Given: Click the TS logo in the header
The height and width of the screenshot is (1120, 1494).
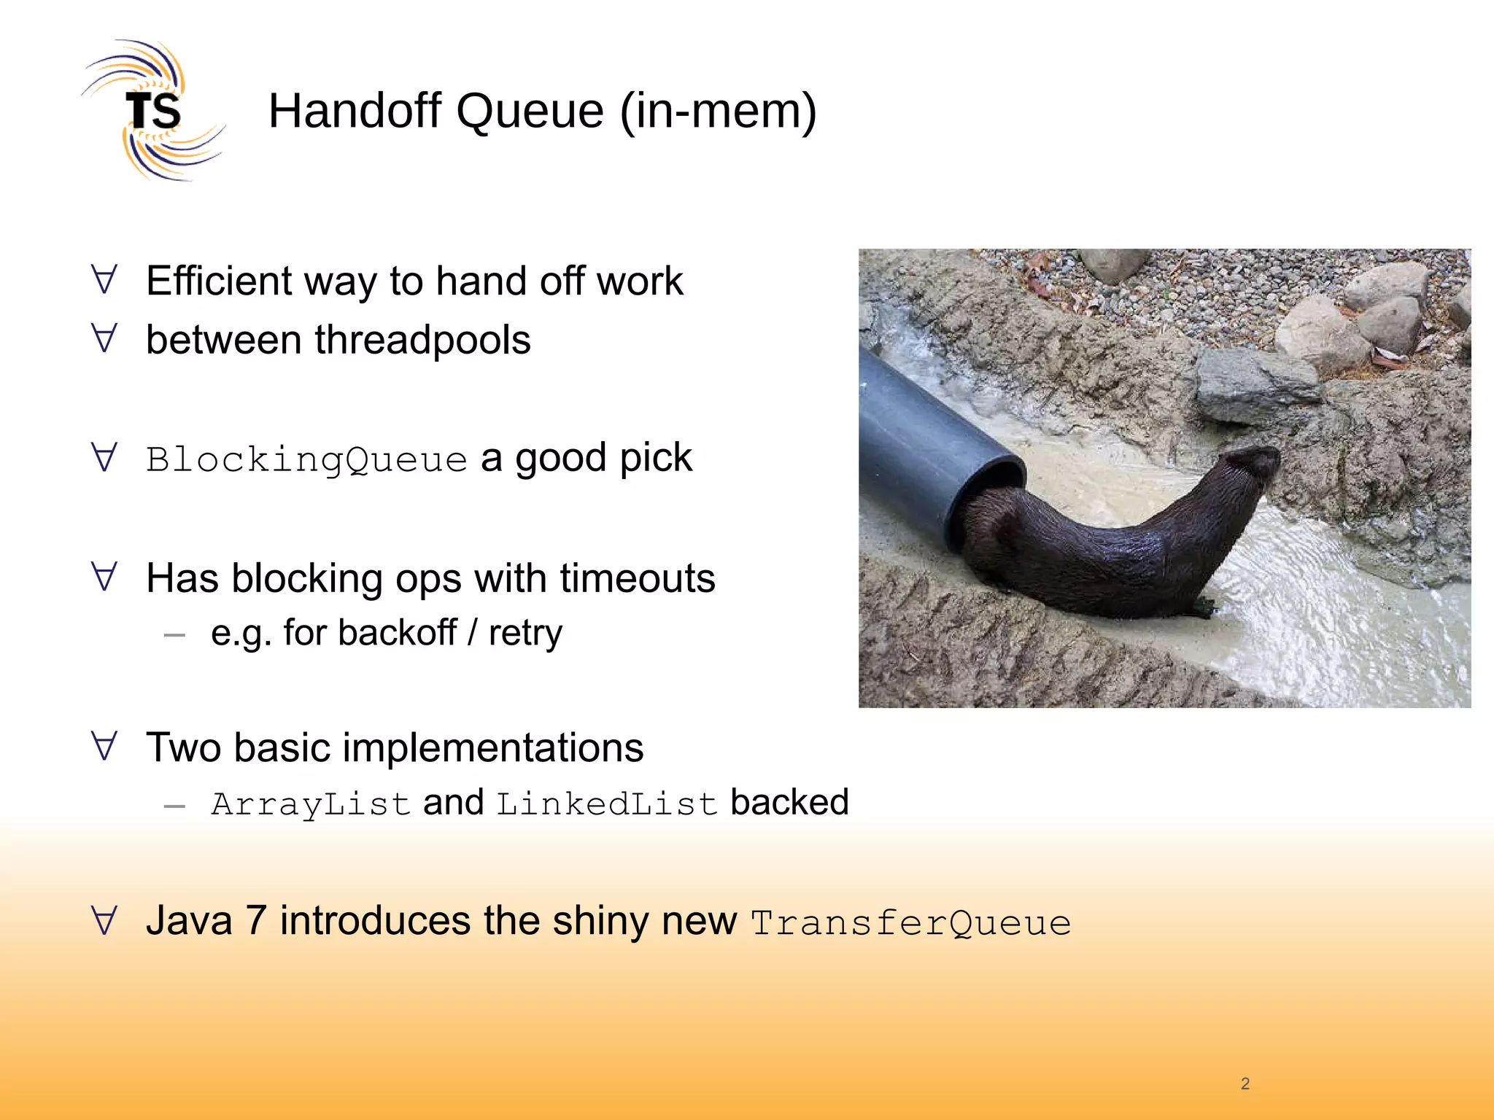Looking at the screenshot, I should [152, 111].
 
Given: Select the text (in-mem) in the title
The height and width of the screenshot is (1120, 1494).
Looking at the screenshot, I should [718, 111].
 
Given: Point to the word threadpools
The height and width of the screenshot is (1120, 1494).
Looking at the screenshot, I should [422, 340].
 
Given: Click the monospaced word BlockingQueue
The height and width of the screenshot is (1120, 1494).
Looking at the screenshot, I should [306, 459].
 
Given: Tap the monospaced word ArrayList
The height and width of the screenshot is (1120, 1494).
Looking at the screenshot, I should [311, 804].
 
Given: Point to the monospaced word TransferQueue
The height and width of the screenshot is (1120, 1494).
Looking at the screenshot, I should [911, 922].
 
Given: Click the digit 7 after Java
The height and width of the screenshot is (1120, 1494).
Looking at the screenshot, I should [255, 920].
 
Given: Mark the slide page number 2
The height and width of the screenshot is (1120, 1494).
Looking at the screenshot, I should [1245, 1084].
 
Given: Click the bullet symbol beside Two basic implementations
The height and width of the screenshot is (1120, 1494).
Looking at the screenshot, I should [104, 746].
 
